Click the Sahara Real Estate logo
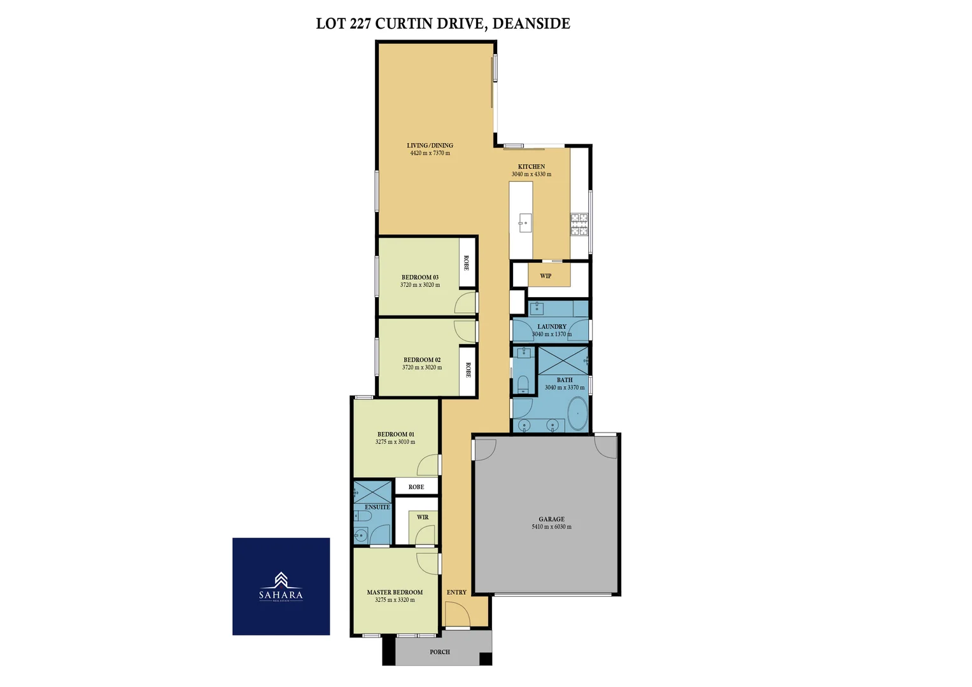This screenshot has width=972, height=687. pos(281,586)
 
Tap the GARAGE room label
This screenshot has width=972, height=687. pos(551,519)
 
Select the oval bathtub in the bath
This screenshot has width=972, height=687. pos(577,414)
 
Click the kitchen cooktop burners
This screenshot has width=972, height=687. pos(579,225)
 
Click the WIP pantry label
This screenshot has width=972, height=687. pos(546,276)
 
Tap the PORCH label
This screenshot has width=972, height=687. pos(440,652)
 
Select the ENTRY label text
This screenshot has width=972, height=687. pos(456,592)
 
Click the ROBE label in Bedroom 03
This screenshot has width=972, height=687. pos(467,263)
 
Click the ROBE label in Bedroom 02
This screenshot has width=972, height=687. pos(468,370)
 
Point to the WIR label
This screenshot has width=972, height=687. pos(423,517)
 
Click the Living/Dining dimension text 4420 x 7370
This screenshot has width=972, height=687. pos(430,153)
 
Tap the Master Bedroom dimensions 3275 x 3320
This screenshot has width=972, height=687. pos(395,600)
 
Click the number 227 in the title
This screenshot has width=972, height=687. pos(360,24)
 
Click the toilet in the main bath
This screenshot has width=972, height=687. pos(523,383)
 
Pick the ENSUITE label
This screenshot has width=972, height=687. pos(377,507)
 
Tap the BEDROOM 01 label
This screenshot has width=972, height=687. pos(395,434)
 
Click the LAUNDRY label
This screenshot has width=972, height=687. pos(551,326)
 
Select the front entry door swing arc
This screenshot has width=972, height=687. pos(454,615)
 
